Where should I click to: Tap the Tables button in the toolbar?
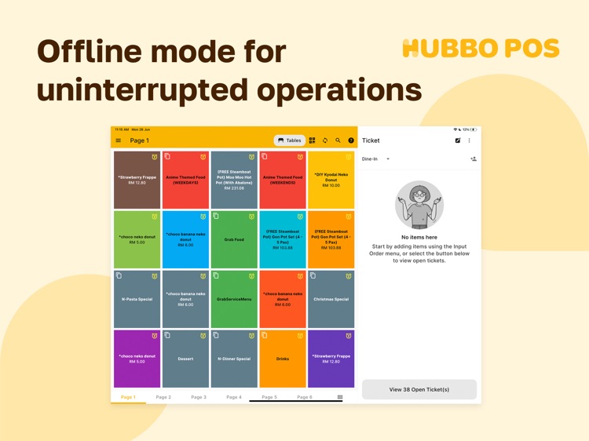tap(290, 140)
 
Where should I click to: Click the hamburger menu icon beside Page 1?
tap(119, 140)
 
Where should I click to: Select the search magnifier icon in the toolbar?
tap(338, 140)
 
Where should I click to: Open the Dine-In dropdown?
tap(376, 159)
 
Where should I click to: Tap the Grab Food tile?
tap(234, 239)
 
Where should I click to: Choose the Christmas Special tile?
tap(331, 299)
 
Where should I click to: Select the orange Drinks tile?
tap(282, 359)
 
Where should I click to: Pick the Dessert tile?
tap(185, 359)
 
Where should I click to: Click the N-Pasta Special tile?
tap(137, 299)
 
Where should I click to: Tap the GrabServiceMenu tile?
tap(234, 299)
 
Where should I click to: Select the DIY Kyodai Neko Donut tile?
tap(331, 180)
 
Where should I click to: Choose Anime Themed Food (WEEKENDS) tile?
tap(282, 180)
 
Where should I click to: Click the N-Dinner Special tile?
tap(234, 359)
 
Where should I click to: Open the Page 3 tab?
tap(199, 397)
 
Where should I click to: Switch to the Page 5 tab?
tap(269, 397)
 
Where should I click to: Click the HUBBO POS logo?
tap(481, 49)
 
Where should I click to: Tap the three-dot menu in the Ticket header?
tap(470, 140)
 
